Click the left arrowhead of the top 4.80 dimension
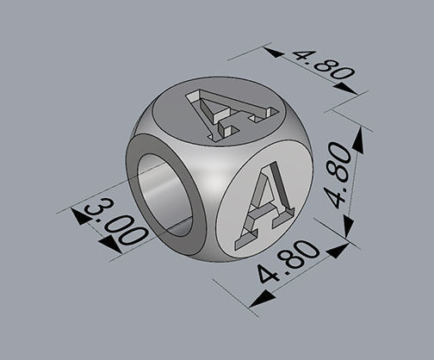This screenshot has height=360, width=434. tap(275, 53)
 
